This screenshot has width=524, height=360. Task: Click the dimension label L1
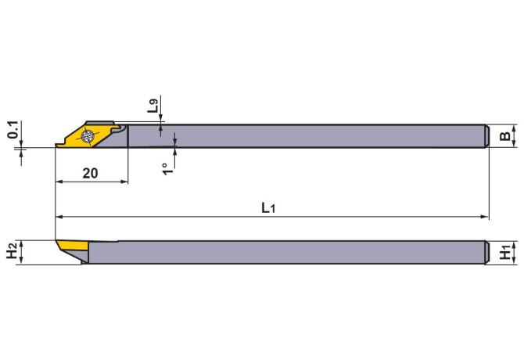[268, 207]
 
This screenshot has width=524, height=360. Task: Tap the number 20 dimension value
[90, 174]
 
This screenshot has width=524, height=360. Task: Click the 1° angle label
[166, 168]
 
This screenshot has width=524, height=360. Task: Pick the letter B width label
[505, 137]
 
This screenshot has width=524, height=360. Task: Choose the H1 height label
[506, 253]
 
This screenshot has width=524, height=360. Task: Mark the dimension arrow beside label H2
[23, 252]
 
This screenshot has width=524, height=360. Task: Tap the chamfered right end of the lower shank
[485, 252]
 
